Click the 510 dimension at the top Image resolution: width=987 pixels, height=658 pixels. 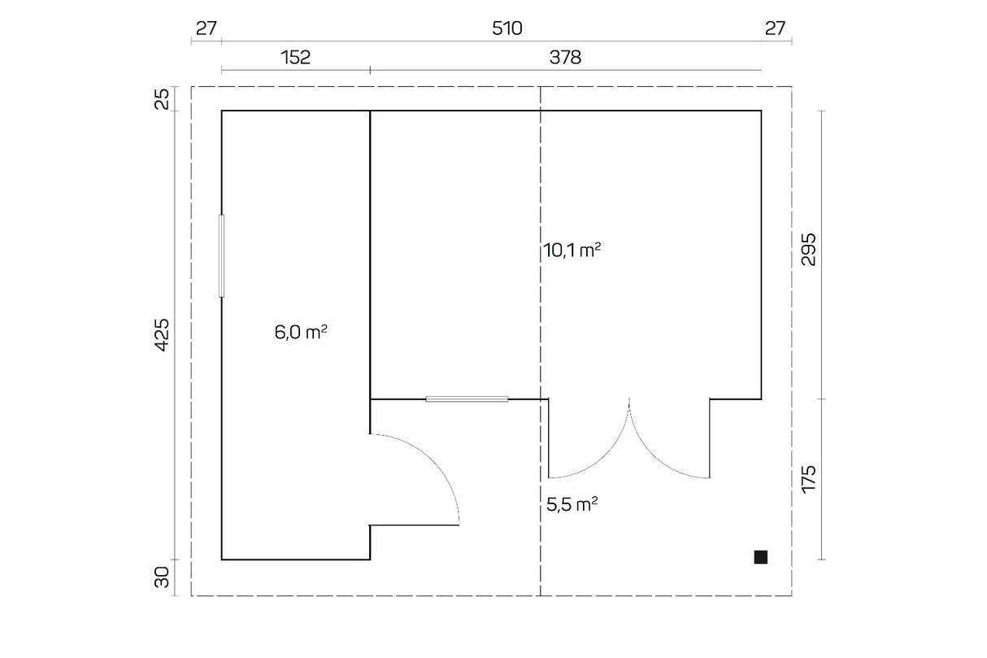click(507, 28)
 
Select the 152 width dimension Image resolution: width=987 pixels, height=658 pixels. click(295, 57)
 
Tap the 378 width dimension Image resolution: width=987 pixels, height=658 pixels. click(565, 57)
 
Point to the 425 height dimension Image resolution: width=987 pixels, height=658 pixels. click(162, 335)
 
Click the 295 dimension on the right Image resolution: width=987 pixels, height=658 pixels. click(809, 250)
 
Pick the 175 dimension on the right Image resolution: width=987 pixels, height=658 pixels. click(809, 479)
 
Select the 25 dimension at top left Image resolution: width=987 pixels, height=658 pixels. click(163, 98)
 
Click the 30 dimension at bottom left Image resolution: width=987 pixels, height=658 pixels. click(162, 577)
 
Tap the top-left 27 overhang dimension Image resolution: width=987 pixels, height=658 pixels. click(207, 28)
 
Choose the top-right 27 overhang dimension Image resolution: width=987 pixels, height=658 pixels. click(775, 28)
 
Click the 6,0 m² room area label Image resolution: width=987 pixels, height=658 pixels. click(301, 333)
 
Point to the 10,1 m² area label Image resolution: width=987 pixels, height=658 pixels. click(572, 251)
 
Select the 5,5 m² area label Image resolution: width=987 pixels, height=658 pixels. click(572, 504)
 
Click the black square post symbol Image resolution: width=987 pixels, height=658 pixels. click(761, 557)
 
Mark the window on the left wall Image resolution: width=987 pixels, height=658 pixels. click(222, 255)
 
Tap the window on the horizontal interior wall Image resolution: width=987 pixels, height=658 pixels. click(467, 399)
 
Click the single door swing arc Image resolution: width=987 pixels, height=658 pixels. click(433, 461)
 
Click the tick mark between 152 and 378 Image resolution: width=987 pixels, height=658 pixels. click(370, 70)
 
